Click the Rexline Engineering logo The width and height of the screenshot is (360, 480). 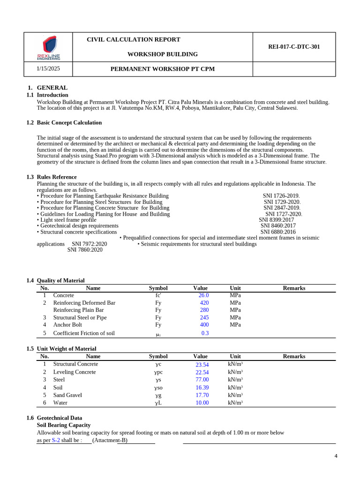(x=49, y=48)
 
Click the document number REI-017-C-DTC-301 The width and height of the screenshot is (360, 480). (x=294, y=47)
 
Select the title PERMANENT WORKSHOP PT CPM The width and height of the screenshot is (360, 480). (x=163, y=69)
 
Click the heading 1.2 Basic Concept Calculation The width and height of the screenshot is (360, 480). (x=69, y=123)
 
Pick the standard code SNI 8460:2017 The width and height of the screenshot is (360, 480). (x=278, y=226)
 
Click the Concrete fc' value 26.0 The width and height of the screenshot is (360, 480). (x=203, y=296)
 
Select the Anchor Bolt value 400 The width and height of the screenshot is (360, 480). (x=204, y=325)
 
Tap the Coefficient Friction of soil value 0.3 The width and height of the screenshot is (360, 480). (x=205, y=333)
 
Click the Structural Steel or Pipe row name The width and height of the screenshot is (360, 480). (x=80, y=318)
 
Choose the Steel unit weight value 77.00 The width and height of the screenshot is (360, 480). (x=202, y=380)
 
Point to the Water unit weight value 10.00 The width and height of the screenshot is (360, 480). (x=202, y=403)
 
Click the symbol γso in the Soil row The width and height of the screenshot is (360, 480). (x=158, y=388)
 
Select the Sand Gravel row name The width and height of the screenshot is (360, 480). (x=67, y=395)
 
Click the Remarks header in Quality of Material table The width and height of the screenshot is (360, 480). (x=294, y=288)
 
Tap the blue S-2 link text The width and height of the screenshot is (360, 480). (x=56, y=441)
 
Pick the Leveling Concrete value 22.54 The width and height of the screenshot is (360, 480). (x=202, y=372)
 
